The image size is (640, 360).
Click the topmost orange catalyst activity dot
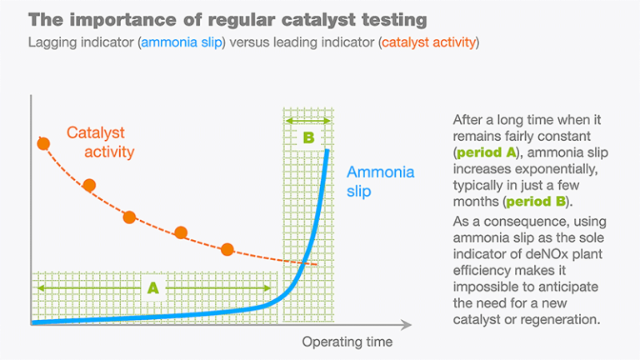click(43, 143)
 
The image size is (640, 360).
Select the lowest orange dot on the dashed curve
click(227, 248)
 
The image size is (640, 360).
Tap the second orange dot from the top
click(89, 185)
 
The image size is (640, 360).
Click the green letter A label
click(152, 288)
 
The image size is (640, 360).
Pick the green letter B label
click(308, 137)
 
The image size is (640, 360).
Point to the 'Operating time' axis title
click(347, 342)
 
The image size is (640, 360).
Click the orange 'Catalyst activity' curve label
click(100, 142)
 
